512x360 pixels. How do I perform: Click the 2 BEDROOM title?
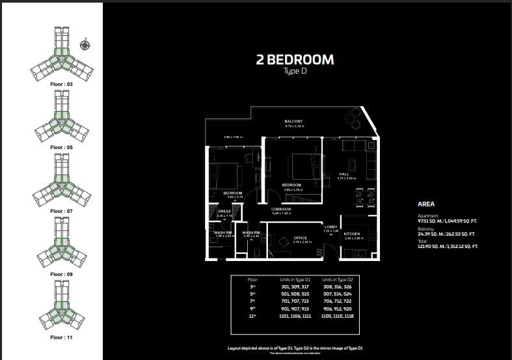295,60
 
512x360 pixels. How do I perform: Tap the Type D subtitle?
295,72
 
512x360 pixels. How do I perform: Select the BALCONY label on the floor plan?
293,122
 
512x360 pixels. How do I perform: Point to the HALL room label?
345,174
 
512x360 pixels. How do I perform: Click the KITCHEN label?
352,233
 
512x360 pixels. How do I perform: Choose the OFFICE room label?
300,238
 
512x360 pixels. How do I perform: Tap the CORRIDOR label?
281,209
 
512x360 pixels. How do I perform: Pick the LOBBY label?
330,227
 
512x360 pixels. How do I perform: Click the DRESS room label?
224,211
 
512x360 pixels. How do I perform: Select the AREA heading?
426,204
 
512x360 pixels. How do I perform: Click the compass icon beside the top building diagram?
85,44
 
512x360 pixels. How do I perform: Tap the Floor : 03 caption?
62,85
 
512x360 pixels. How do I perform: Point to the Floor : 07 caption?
62,211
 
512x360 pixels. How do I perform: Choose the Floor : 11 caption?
62,338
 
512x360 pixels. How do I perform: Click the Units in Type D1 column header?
294,279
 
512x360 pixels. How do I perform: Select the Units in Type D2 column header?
336,279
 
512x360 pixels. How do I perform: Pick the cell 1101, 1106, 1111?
294,316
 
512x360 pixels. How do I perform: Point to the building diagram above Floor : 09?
61,244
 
